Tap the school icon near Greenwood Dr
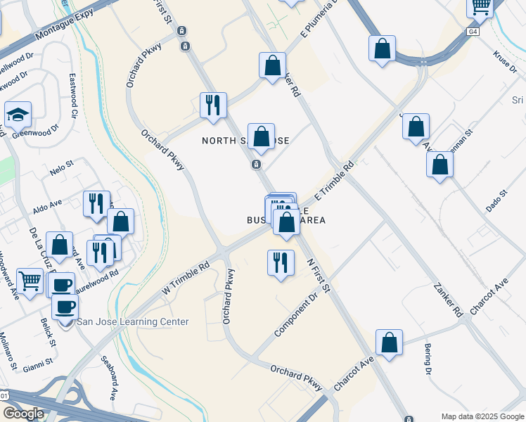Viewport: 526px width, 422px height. (x=18, y=115)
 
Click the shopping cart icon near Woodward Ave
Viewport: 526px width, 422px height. (x=30, y=282)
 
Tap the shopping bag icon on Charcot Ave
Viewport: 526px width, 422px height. (x=389, y=343)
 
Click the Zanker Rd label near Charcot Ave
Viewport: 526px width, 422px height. (x=447, y=300)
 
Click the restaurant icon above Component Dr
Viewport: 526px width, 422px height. (x=281, y=262)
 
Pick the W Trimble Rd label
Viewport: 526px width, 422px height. (x=186, y=279)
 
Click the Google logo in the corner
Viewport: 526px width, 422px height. (x=23, y=414)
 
